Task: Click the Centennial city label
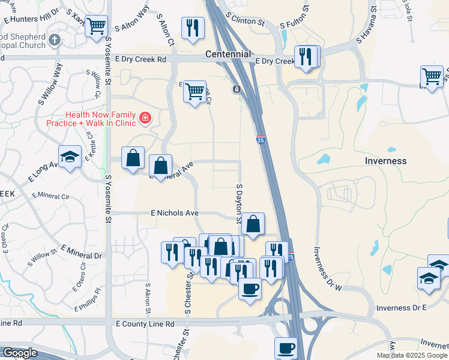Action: [228, 54]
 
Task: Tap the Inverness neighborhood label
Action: [385, 161]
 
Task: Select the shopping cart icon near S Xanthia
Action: [96, 26]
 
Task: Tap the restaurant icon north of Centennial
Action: [193, 28]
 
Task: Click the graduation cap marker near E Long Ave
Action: [70, 157]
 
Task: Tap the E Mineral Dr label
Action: [82, 252]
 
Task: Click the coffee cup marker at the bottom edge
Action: [286, 349]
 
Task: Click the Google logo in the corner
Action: [19, 353]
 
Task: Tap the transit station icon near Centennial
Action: [237, 89]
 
